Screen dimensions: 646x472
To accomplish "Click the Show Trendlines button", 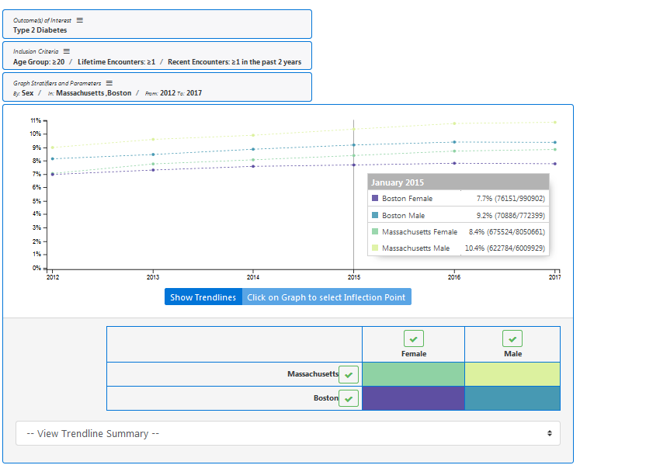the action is point(203,297).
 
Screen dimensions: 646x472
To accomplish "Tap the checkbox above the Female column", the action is point(414,339).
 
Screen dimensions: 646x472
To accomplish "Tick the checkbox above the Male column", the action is point(512,339).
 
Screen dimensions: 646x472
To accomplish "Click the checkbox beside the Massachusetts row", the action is point(349,375).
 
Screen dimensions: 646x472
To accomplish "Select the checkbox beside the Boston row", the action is point(349,399).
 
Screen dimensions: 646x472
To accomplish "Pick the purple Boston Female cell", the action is point(413,398).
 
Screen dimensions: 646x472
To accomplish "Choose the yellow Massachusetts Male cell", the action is point(512,374).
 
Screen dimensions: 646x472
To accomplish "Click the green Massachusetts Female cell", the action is point(413,374).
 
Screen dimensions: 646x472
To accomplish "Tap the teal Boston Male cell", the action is point(512,398).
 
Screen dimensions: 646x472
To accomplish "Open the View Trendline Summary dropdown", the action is point(288,433).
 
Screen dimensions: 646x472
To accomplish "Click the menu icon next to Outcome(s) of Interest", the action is point(79,20).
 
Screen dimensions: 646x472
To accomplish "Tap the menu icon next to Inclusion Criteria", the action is point(66,51).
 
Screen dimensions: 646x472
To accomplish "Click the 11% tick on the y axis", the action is point(45,120).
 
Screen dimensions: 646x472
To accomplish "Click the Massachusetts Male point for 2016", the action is point(454,123).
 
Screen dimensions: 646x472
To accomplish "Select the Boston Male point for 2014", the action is point(253,149).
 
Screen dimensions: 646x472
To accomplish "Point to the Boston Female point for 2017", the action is point(555,164).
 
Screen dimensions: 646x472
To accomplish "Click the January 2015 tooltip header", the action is point(458,182).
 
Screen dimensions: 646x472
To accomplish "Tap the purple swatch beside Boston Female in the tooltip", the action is point(375,198).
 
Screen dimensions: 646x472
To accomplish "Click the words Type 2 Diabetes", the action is point(40,30).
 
